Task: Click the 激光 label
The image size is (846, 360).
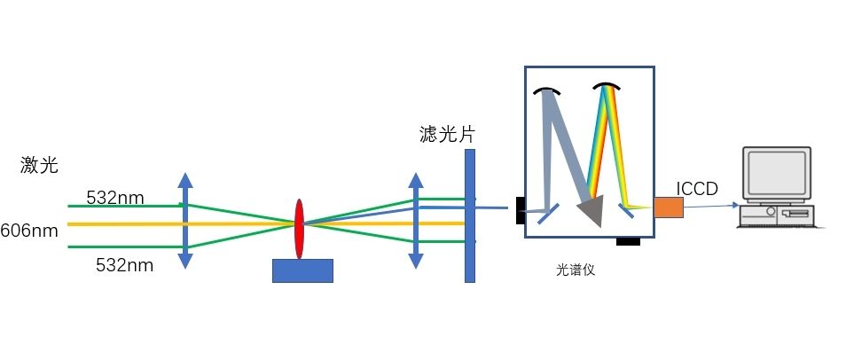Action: (x=40, y=165)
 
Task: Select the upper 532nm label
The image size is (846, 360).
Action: (x=114, y=197)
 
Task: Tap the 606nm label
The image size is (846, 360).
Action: (x=29, y=231)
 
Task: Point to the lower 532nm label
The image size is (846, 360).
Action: (x=125, y=263)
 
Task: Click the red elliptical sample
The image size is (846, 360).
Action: (x=299, y=229)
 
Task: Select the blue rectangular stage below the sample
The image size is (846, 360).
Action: (x=302, y=270)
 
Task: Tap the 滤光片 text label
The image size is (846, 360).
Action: (x=447, y=135)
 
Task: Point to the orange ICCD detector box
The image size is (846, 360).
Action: (x=669, y=207)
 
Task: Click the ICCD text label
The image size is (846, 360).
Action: (x=697, y=188)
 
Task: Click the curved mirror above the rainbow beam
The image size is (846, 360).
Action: (x=606, y=86)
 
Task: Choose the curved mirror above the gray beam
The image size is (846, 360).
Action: (x=546, y=90)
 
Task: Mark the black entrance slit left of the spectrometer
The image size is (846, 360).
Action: (x=521, y=210)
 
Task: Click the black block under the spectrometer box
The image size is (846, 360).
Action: (x=628, y=240)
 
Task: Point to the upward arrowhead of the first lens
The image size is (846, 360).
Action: (x=184, y=180)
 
